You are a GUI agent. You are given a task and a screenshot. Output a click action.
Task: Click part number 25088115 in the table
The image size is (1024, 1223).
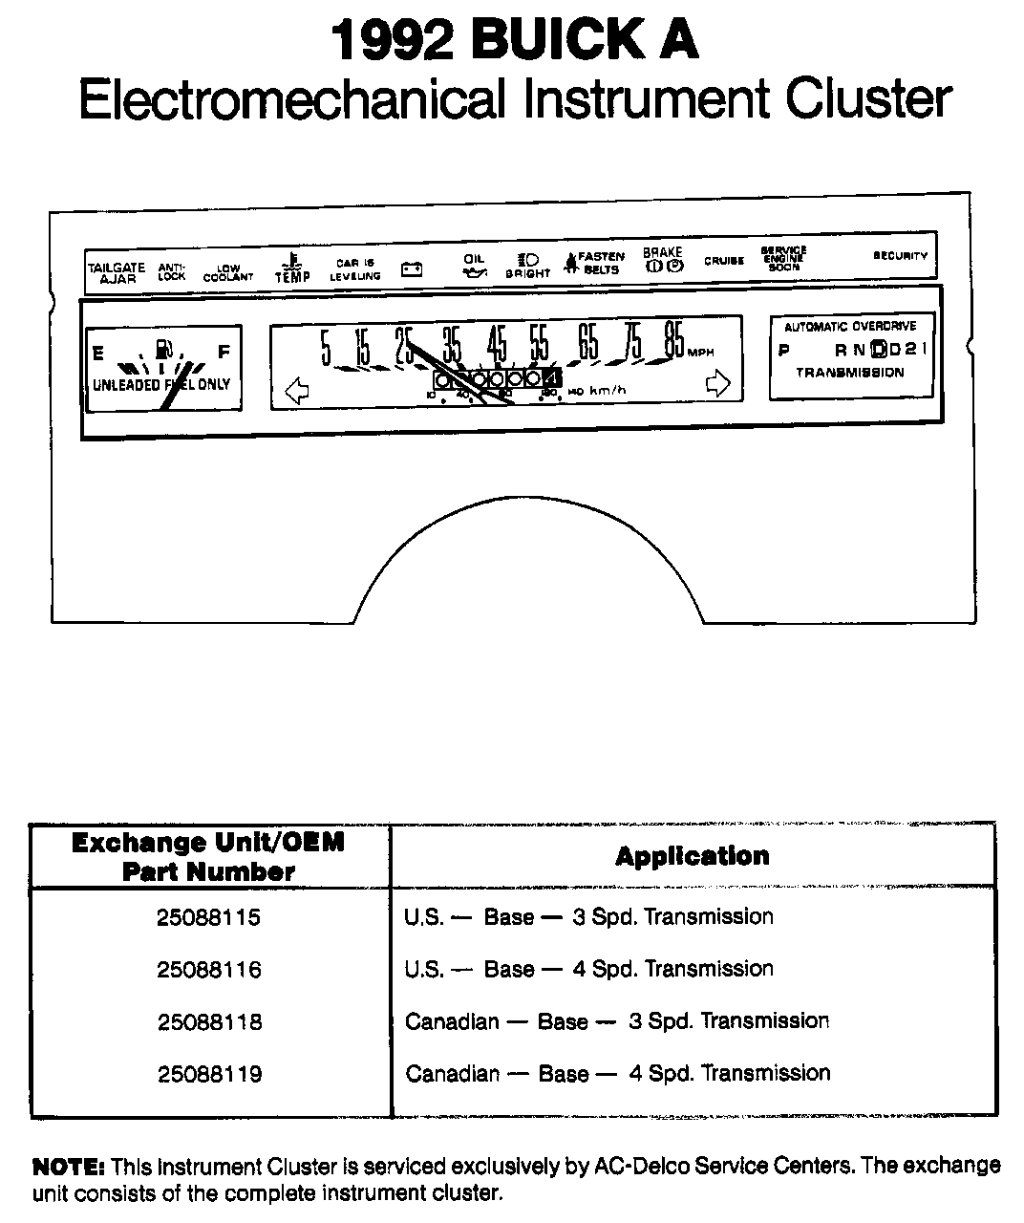pyautogui.click(x=208, y=917)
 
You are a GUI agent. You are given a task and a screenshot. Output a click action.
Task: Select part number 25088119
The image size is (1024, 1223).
pyautogui.click(x=208, y=1074)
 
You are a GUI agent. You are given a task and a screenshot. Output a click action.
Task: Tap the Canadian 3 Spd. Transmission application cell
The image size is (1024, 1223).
pyautogui.click(x=616, y=1021)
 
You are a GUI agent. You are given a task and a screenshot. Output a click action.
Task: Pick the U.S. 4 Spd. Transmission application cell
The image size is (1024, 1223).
pyautogui.click(x=588, y=969)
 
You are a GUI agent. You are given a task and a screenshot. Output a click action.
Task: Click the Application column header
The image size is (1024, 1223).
pyautogui.click(x=693, y=856)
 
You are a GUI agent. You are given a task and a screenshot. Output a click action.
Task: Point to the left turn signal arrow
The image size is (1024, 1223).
pyautogui.click(x=297, y=390)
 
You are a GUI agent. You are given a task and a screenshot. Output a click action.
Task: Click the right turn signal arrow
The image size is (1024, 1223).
pyautogui.click(x=717, y=384)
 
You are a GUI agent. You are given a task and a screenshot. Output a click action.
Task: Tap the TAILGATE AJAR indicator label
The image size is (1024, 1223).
pyautogui.click(x=117, y=273)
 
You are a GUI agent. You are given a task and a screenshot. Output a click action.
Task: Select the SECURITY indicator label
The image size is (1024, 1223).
pyautogui.click(x=900, y=256)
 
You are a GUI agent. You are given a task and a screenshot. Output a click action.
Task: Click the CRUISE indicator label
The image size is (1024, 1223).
pyautogui.click(x=724, y=261)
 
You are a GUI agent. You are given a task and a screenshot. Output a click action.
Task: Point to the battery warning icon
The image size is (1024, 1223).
pyautogui.click(x=412, y=269)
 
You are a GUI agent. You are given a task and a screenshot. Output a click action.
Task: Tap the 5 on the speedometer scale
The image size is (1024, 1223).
pyautogui.click(x=325, y=347)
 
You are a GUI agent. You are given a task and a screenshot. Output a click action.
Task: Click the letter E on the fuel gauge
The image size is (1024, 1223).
pyautogui.click(x=97, y=353)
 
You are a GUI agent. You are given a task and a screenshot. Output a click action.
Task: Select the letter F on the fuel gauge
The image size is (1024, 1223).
pyautogui.click(x=224, y=352)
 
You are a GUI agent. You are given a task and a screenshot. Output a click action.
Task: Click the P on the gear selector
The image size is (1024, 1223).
pyautogui.click(x=784, y=350)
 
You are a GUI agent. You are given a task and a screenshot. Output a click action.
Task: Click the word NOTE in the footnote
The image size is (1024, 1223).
pyautogui.click(x=68, y=1166)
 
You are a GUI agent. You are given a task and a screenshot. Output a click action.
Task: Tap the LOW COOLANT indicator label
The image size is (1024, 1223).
pyautogui.click(x=228, y=273)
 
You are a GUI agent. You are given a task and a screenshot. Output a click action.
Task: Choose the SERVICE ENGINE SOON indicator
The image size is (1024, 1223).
pyautogui.click(x=783, y=259)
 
